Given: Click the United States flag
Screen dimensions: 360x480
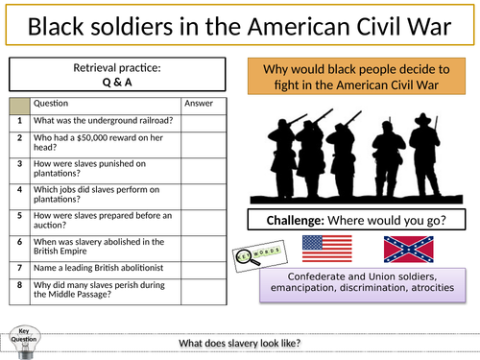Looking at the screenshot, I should coord(326,250).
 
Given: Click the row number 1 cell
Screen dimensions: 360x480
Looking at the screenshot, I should coord(18,122).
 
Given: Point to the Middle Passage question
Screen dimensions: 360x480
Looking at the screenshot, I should coord(104,311).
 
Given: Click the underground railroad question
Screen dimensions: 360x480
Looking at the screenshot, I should coord(104,122).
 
